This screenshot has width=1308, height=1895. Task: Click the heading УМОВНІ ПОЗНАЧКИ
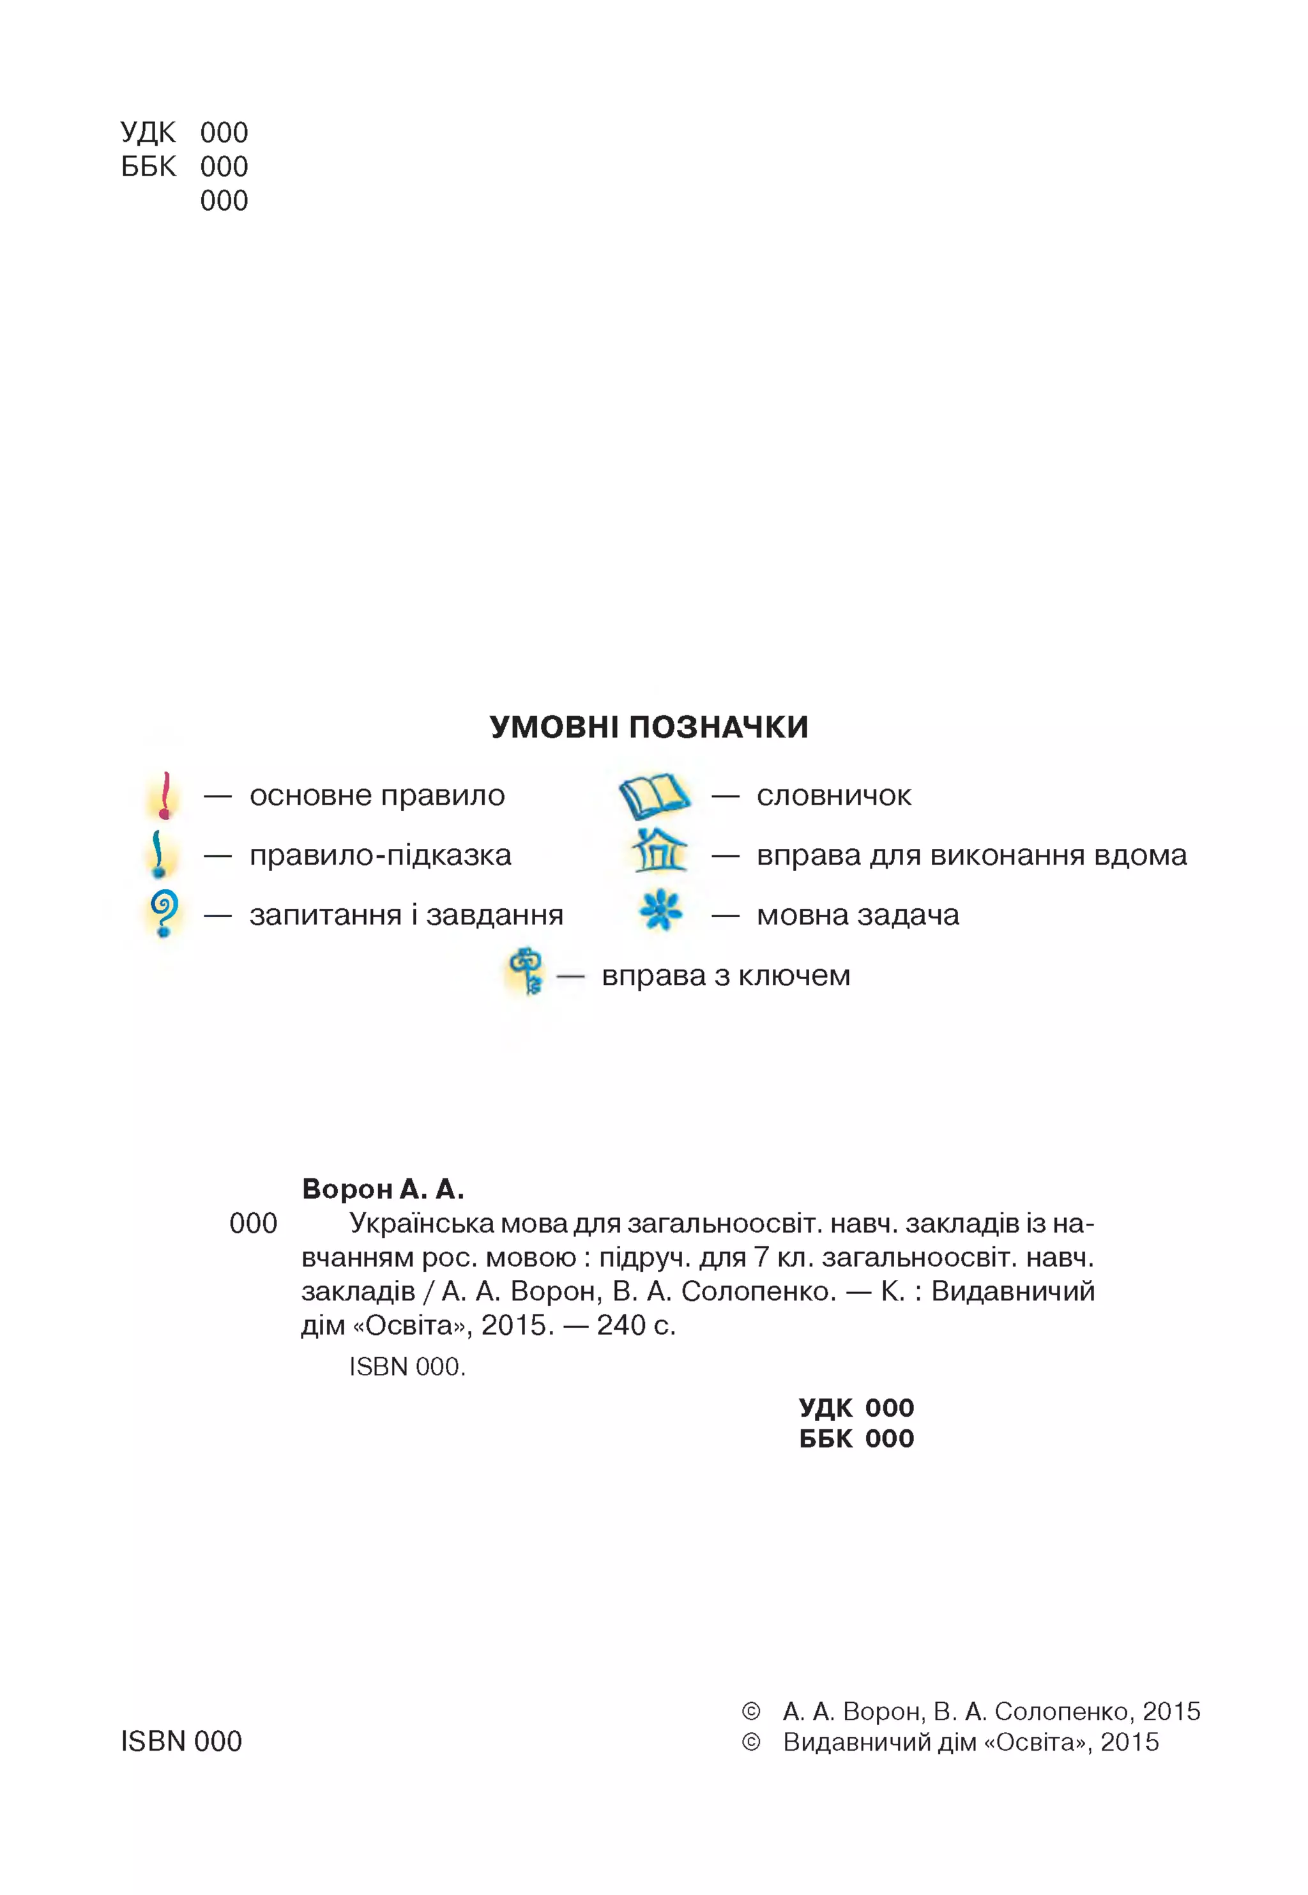point(648,727)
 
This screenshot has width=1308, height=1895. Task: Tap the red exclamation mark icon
point(165,796)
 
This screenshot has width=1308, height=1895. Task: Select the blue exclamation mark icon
point(159,854)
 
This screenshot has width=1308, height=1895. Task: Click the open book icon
point(653,796)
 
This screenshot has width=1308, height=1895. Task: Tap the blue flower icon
point(660,911)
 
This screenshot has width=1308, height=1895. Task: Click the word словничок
point(833,795)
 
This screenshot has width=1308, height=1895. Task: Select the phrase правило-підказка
point(380,855)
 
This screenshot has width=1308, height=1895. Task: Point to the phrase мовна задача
point(857,915)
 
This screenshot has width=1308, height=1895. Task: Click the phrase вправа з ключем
point(726,975)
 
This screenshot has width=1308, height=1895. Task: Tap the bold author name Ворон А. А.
point(383,1189)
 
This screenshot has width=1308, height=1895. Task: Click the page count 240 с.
point(636,1325)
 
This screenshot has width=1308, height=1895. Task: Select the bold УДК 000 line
point(856,1407)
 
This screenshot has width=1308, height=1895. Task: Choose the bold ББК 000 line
point(856,1438)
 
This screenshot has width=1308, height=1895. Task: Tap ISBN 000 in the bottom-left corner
point(181,1741)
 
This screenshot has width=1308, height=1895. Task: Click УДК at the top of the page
point(148,133)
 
